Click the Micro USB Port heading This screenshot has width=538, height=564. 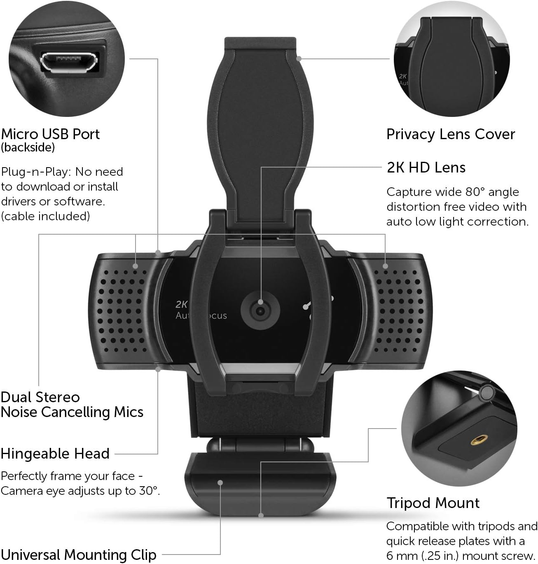50,134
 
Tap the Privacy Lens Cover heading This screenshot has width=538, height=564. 451,134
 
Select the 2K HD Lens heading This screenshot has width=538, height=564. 426,168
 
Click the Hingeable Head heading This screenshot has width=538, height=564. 55,454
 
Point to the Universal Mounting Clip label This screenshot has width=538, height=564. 79,555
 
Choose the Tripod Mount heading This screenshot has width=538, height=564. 433,503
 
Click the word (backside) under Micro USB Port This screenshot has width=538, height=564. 28,147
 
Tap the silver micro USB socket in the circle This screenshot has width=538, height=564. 69,62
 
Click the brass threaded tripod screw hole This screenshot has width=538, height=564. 479,439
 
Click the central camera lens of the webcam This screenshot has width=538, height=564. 260,311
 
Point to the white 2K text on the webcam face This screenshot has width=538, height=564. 181,304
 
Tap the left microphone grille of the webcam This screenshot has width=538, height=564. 122,311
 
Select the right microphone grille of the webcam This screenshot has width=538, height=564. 399,311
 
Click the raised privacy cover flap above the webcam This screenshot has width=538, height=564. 260,129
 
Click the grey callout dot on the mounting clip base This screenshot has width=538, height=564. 220,483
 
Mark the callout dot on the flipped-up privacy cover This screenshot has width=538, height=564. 299,58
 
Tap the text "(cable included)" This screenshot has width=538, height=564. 45,216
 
